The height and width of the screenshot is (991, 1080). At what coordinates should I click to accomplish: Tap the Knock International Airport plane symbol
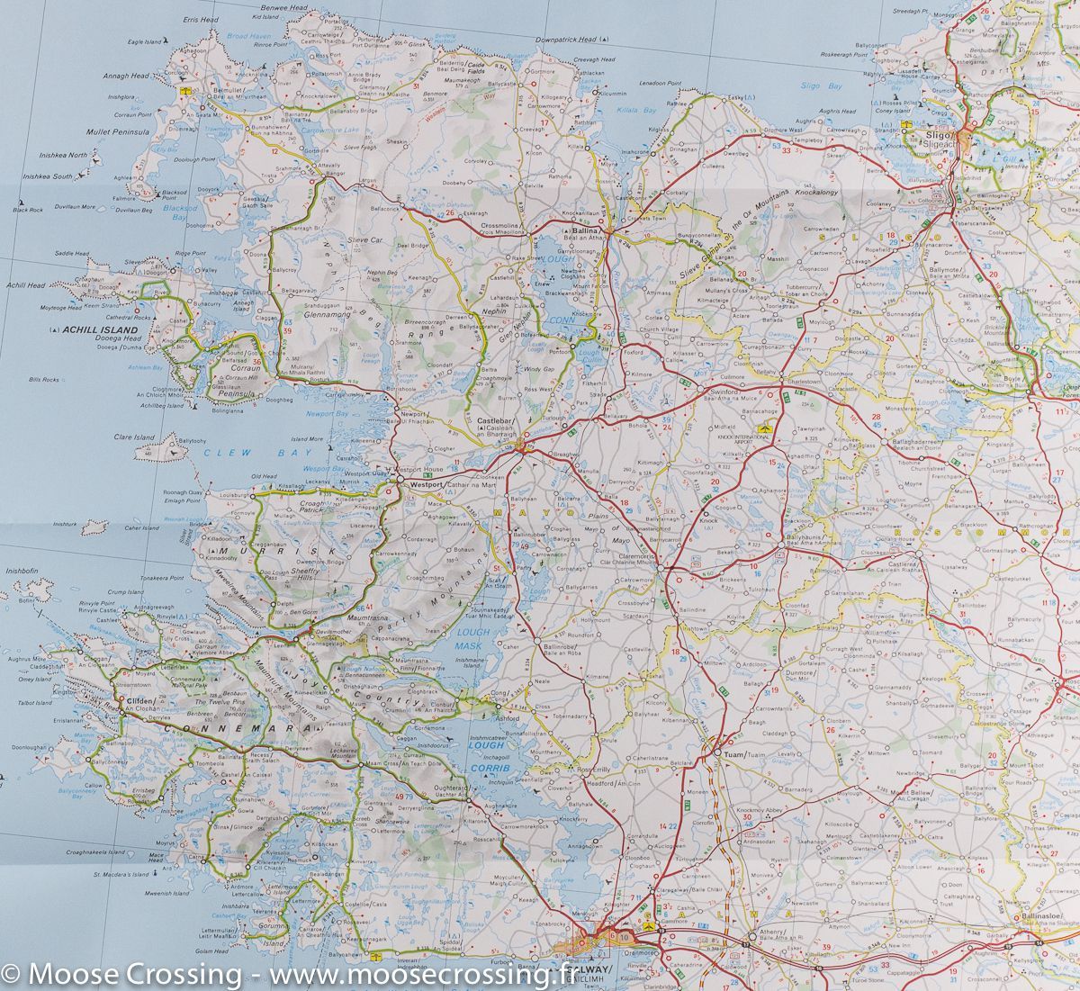point(766,430)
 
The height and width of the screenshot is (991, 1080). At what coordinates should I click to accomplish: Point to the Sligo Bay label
point(825,86)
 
